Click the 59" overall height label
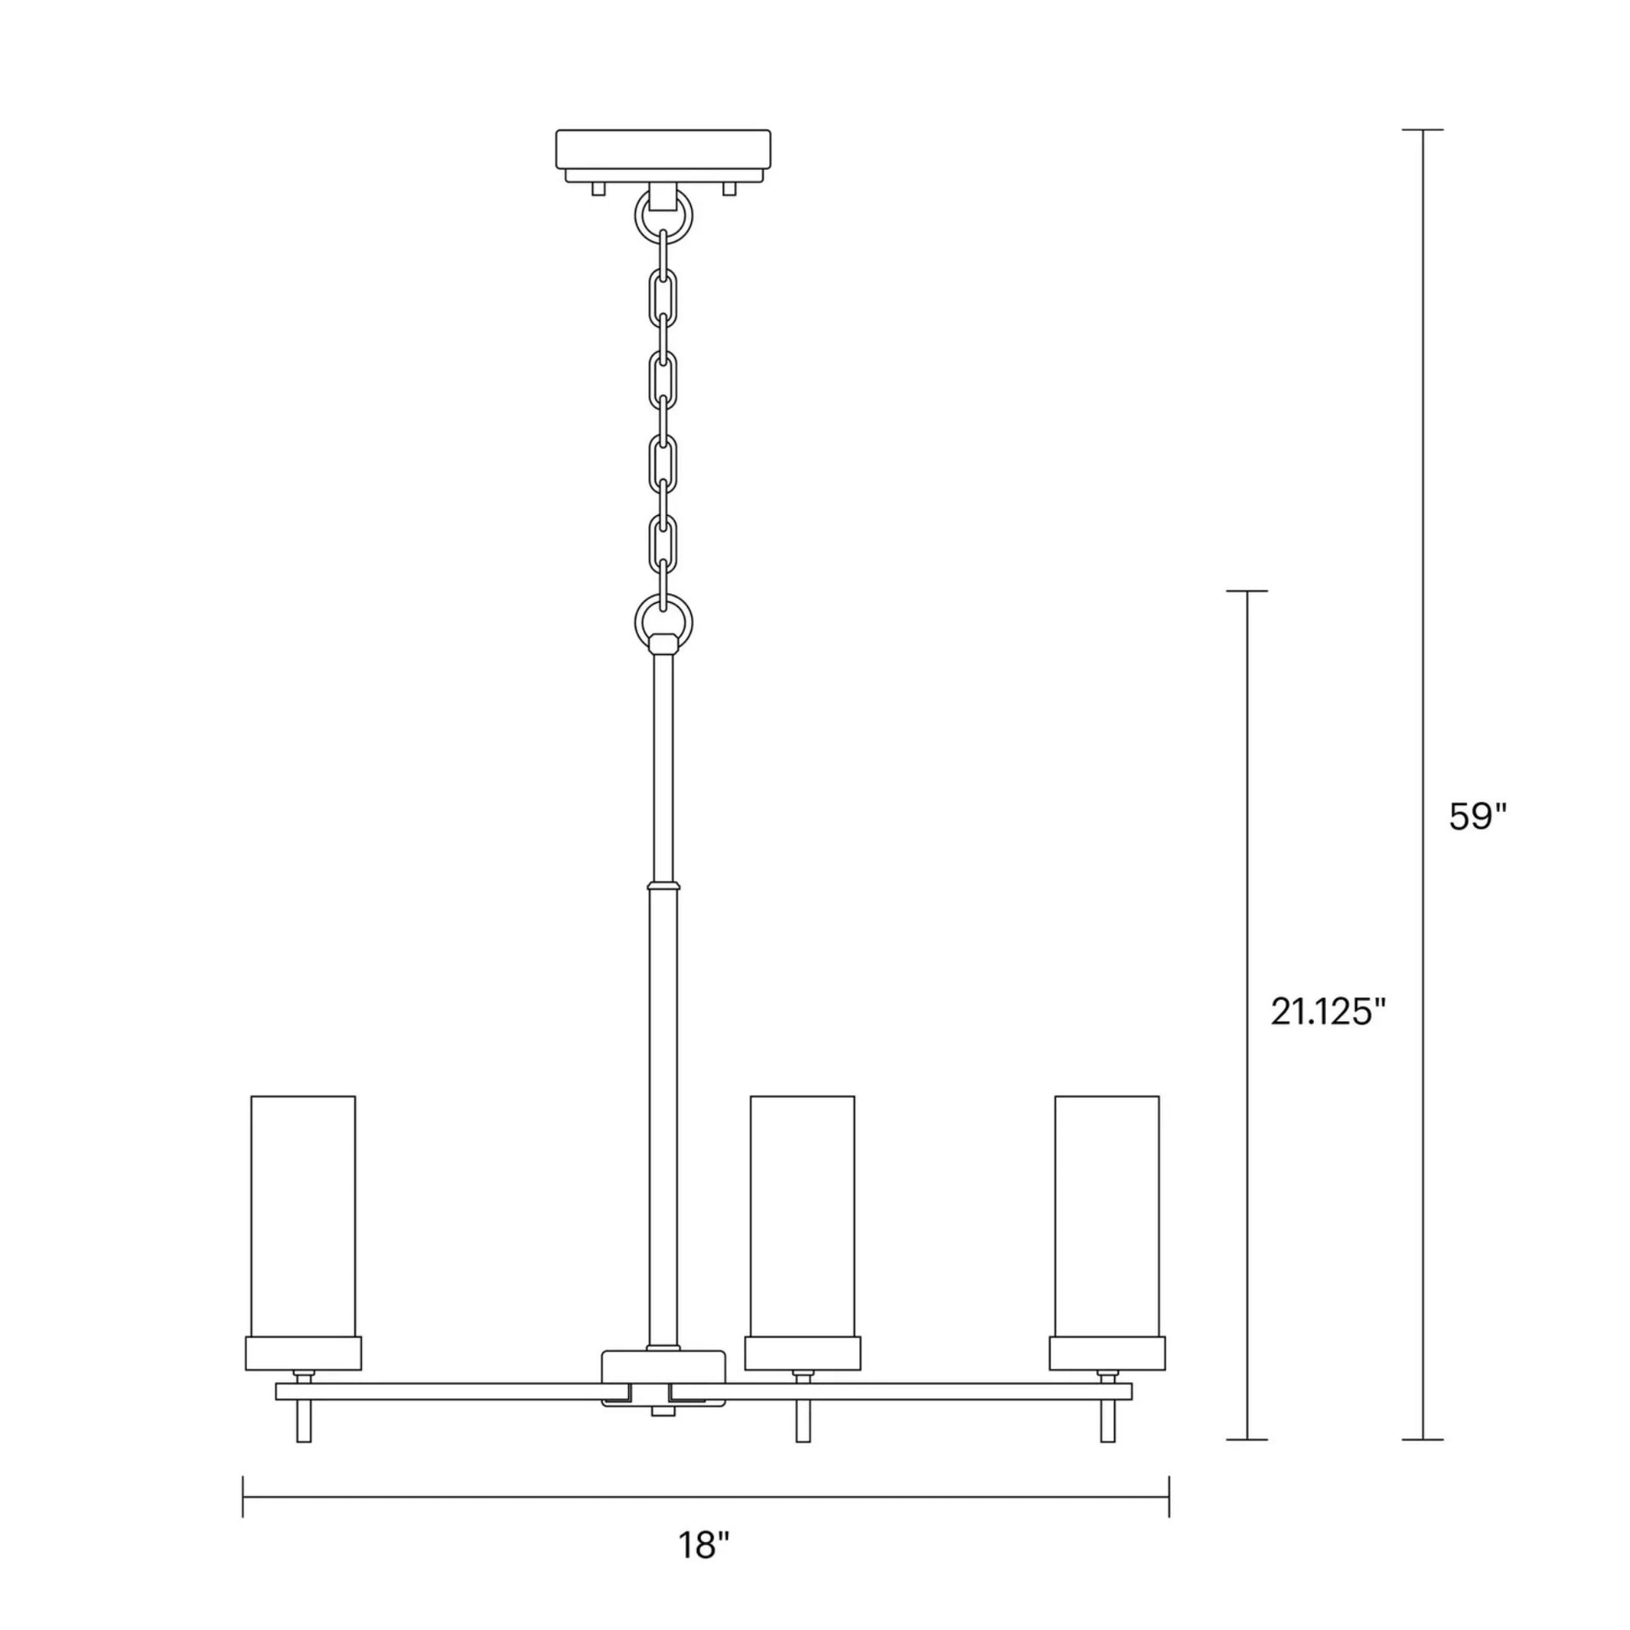pos(1478,816)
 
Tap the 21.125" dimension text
pos(1328,1012)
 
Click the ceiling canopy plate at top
pos(663,148)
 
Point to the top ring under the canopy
pos(663,217)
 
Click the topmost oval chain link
pos(663,298)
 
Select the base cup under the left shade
pos(303,1353)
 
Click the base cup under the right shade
pos(1107,1353)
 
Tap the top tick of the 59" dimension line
pos(1422,130)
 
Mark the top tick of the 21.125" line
pos(1246,591)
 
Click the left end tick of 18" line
pos(243,1497)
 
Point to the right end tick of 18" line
pos(1168,1497)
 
